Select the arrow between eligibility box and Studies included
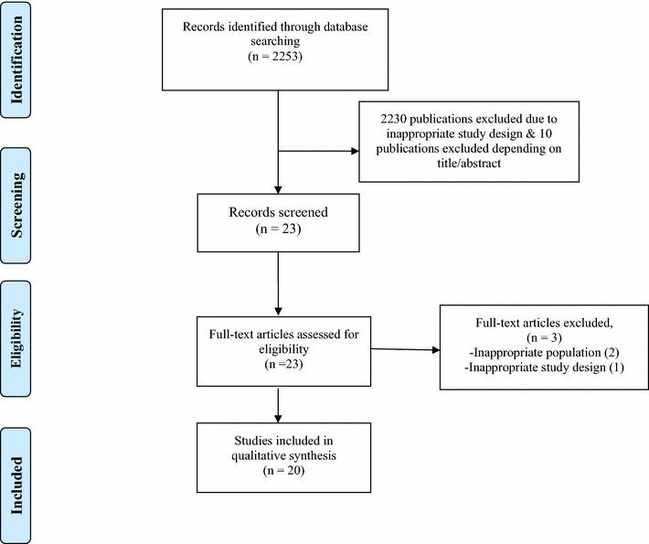coord(278,402)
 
